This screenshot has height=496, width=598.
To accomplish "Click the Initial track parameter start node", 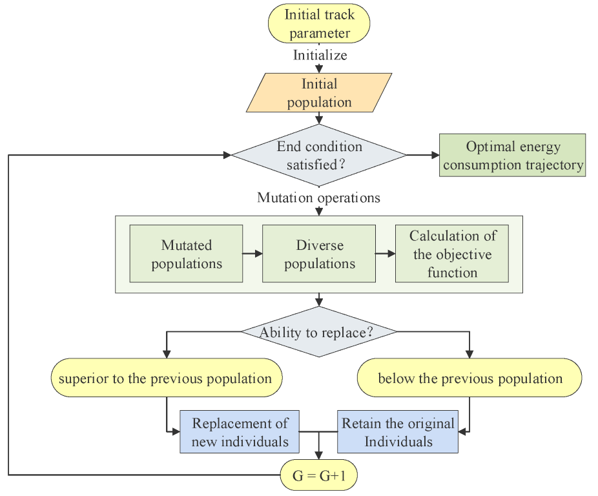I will pyautogui.click(x=319, y=23).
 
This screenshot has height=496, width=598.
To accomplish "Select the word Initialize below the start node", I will pyautogui.click(x=320, y=55).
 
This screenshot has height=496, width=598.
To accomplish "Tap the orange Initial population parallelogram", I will pyautogui.click(x=320, y=93).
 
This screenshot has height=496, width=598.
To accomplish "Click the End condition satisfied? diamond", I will pyautogui.click(x=319, y=156).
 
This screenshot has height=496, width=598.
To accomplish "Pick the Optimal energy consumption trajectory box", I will pyautogui.click(x=512, y=156).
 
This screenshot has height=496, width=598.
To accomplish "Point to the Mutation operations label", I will pyautogui.click(x=318, y=198).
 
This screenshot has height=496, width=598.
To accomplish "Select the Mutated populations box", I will pyautogui.click(x=186, y=254).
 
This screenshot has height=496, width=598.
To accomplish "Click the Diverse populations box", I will pyautogui.click(x=319, y=254).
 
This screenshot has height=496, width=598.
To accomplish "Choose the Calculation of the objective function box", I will pyautogui.click(x=451, y=254).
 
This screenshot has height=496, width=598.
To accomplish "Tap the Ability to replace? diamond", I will pyautogui.click(x=319, y=333).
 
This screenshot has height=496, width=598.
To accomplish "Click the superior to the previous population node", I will pyautogui.click(x=166, y=378).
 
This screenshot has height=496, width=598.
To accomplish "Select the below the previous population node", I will pyautogui.click(x=469, y=378).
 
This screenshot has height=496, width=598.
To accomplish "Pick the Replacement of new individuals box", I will pyautogui.click(x=240, y=432).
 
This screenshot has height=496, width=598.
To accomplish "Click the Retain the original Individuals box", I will pyautogui.click(x=398, y=432).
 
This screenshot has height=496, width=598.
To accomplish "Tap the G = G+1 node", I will pyautogui.click(x=319, y=476).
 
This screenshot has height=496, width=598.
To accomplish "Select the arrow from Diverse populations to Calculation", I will pyautogui.click(x=386, y=254).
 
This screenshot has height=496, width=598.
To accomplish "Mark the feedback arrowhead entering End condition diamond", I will pyautogui.click(x=227, y=156).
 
